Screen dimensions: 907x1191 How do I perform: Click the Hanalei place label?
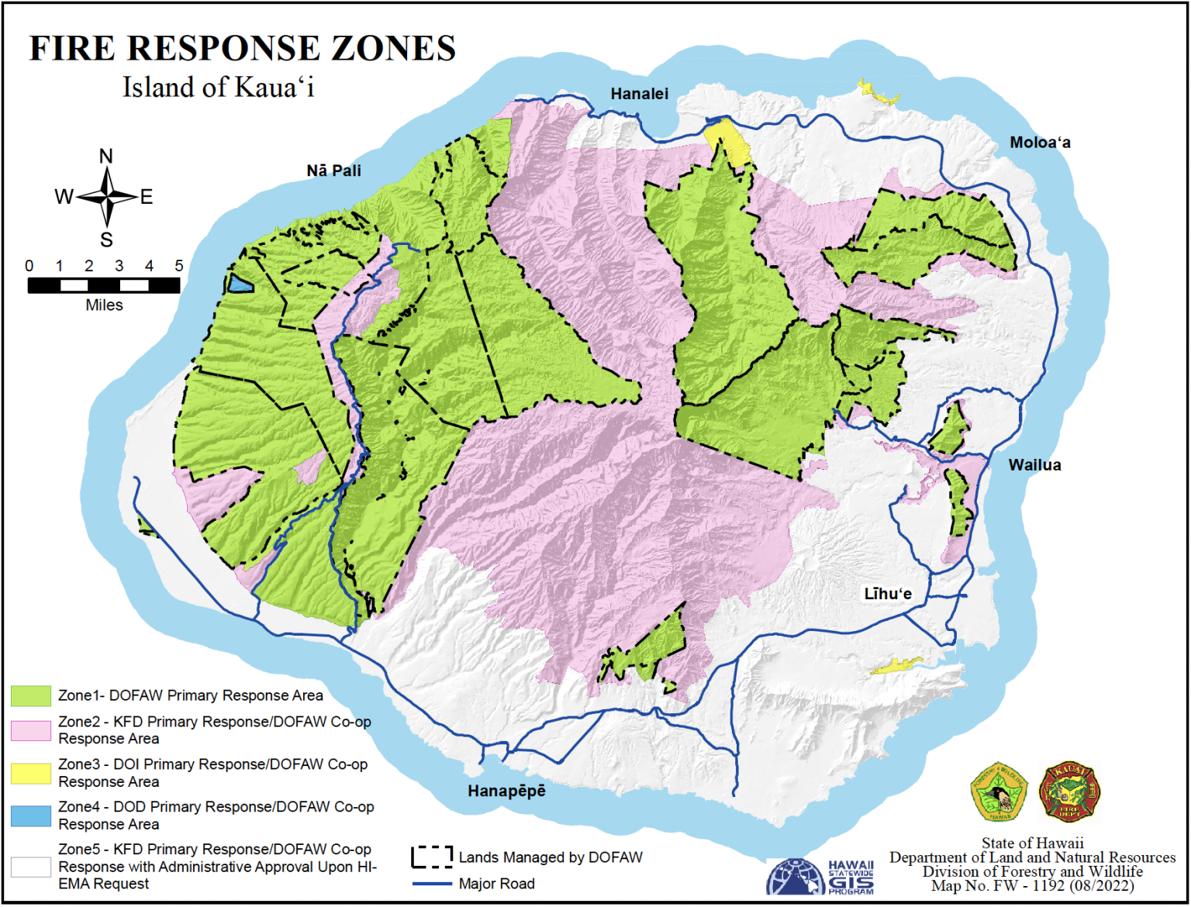(639, 94)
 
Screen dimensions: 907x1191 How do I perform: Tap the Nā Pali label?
(333, 171)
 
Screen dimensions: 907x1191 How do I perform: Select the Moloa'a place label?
(1040, 143)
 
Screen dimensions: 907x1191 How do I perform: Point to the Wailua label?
(1034, 465)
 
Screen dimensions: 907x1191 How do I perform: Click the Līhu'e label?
(888, 594)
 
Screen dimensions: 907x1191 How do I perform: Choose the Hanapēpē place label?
(506, 791)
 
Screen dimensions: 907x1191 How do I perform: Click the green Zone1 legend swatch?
(31, 695)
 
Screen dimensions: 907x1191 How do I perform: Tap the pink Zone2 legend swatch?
(31, 730)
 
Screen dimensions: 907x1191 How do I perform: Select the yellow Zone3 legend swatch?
(31, 773)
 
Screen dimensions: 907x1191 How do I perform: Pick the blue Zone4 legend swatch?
(31, 816)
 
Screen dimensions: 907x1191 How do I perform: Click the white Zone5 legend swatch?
(31, 867)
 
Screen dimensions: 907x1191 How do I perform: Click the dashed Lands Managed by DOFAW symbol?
(432, 857)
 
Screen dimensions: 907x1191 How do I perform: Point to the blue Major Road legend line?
(432, 884)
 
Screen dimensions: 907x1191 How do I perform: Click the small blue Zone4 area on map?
(240, 283)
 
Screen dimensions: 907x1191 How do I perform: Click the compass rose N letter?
(106, 157)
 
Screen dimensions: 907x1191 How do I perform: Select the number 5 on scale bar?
(178, 266)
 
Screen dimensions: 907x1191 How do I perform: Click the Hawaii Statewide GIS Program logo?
(820, 878)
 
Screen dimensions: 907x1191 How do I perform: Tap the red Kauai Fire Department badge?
(1069, 791)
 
